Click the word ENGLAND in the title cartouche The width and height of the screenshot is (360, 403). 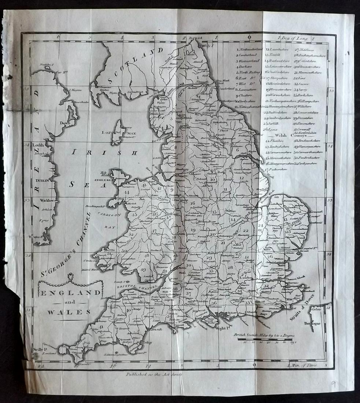coord(70,293)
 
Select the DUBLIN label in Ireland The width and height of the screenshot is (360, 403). coord(43,181)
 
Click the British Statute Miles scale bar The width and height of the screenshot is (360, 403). coord(265,339)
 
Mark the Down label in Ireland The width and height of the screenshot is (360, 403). coord(65,123)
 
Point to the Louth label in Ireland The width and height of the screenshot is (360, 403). coord(38,145)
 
